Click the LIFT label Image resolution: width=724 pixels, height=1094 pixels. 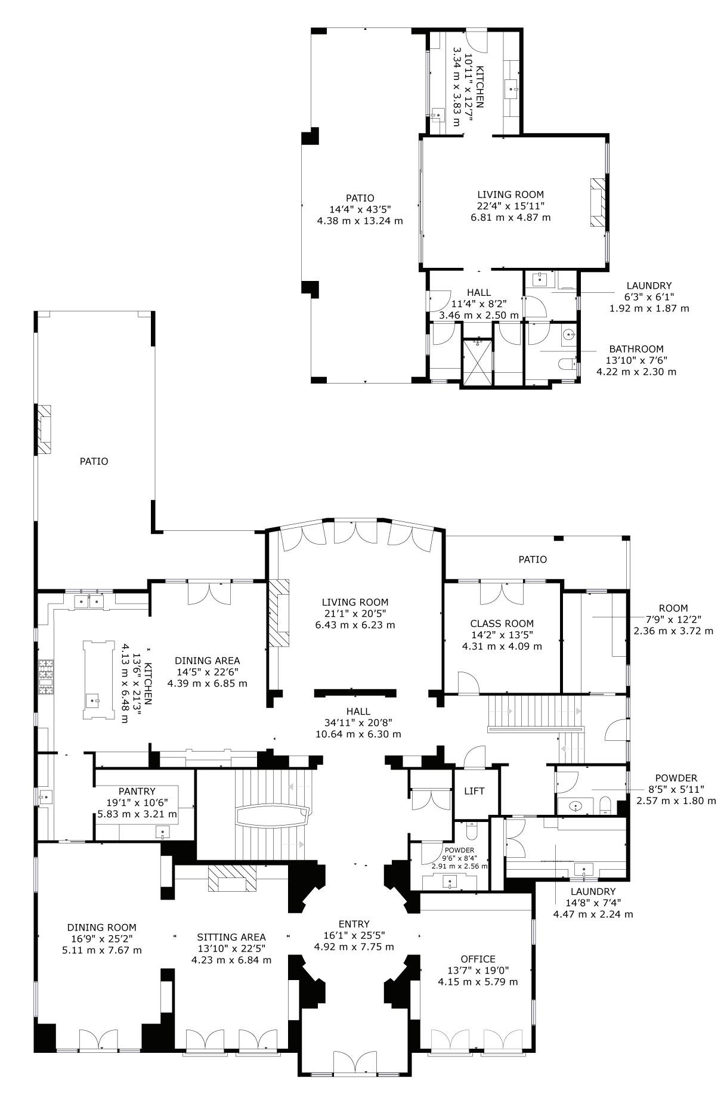point(474,791)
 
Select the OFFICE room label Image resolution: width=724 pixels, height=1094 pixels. point(478,959)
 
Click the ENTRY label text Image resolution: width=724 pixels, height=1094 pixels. point(354,924)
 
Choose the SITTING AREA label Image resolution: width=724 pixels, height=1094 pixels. point(231,937)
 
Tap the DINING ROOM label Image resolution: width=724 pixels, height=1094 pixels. point(101,928)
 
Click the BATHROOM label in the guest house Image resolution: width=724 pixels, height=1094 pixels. point(636,349)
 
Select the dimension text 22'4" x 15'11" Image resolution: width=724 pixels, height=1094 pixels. point(510,206)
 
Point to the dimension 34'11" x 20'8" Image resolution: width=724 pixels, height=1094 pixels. point(358,723)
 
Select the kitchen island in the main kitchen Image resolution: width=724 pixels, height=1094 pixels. point(98,681)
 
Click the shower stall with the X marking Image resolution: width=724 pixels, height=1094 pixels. point(478,363)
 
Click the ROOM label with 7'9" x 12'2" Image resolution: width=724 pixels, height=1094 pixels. point(673,608)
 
